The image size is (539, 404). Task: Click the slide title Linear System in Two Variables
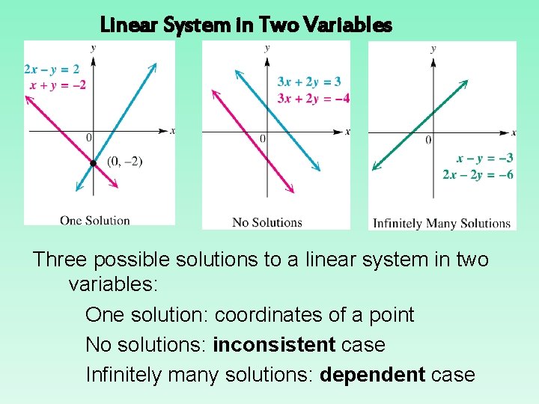246,25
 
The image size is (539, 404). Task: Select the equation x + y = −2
58,85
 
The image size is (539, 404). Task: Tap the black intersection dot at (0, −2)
93,163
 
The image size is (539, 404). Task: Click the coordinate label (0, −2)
124,161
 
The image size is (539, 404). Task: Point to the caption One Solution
95,220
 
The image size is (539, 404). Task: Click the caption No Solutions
267,222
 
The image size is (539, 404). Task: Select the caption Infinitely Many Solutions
442,223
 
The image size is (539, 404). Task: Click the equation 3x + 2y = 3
308,82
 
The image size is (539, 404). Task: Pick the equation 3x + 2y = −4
313,98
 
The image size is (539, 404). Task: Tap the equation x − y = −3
484,158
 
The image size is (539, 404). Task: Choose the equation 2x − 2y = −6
478,174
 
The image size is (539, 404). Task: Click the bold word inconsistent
274,345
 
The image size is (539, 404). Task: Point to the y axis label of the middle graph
267,48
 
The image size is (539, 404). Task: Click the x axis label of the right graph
514,133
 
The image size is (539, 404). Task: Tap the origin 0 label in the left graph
88,138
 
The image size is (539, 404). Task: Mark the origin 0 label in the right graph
428,140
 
